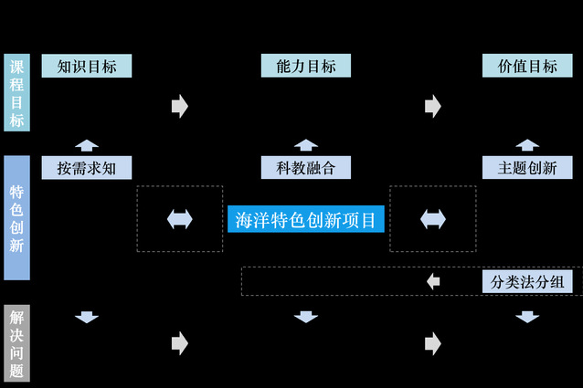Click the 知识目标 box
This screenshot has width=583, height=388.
tap(87, 66)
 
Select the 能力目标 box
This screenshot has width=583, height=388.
tap(306, 66)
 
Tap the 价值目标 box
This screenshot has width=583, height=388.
tap(527, 66)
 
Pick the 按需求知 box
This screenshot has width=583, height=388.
tap(87, 168)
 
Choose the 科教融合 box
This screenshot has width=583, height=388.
tap(306, 168)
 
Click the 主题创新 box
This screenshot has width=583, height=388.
tap(527, 168)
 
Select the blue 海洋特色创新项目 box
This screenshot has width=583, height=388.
tap(305, 219)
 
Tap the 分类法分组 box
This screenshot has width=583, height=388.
tap(527, 281)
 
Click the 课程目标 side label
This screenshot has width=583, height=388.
tap(16, 94)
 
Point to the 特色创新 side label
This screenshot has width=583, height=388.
tap(16, 218)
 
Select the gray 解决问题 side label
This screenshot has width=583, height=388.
tap(16, 343)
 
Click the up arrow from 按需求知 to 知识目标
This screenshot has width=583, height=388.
tap(87, 144)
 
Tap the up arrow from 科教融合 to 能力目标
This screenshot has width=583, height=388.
tap(306, 144)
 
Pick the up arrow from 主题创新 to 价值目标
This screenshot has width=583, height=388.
tap(527, 144)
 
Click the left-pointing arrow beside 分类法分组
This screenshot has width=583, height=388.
tap(433, 281)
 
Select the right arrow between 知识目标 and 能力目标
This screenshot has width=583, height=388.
tap(179, 106)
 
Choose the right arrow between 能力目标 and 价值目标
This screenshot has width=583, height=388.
tap(433, 106)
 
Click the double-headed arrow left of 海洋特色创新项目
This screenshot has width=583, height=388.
tap(180, 219)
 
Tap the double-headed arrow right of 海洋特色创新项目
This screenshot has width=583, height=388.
tap(433, 219)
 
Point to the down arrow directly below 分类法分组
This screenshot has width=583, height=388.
tap(527, 317)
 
